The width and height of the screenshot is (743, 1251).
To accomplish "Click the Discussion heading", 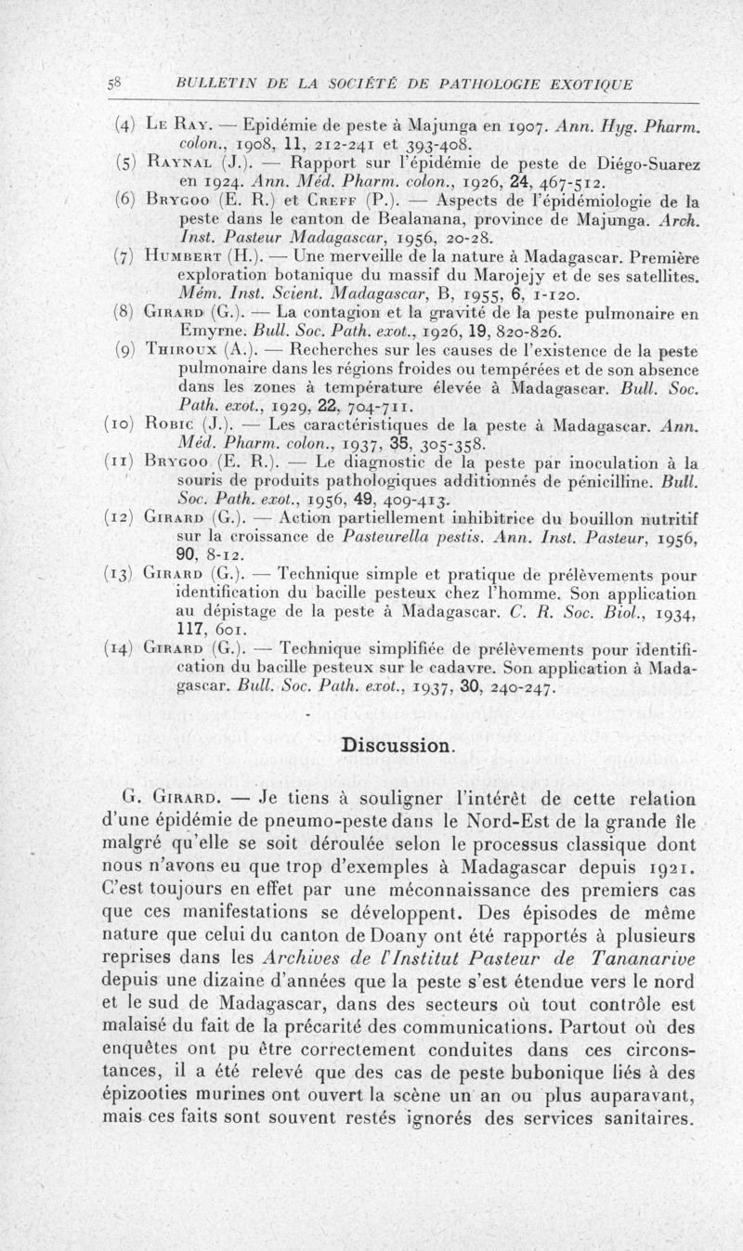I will point(398,745).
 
